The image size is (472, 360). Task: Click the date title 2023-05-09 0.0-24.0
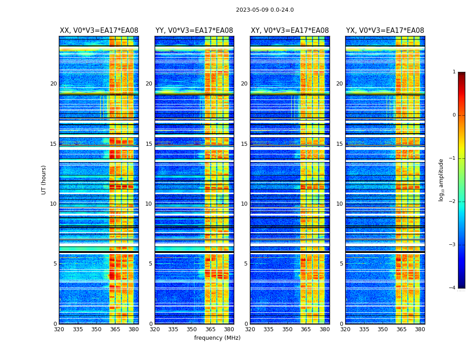click(265, 10)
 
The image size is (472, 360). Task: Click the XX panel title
click(99, 31)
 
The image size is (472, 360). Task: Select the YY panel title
click(194, 31)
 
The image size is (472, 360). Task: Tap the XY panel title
click(289, 31)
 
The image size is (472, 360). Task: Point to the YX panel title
click(385, 31)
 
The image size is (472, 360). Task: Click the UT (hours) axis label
click(44, 180)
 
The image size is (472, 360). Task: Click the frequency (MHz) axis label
click(217, 338)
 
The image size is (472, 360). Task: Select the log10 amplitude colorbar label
click(441, 180)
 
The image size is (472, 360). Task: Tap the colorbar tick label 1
click(454, 72)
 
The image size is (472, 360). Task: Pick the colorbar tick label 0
click(454, 115)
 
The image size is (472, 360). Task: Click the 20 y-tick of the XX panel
click(53, 84)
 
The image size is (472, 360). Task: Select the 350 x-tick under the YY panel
click(192, 329)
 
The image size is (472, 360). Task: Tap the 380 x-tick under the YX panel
click(420, 329)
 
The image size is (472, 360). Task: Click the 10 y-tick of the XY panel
click(244, 204)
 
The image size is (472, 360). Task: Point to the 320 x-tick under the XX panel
click(59, 329)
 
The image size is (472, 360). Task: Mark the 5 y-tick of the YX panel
click(341, 264)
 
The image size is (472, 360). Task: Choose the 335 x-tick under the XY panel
click(269, 329)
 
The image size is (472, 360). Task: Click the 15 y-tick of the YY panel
click(149, 144)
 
